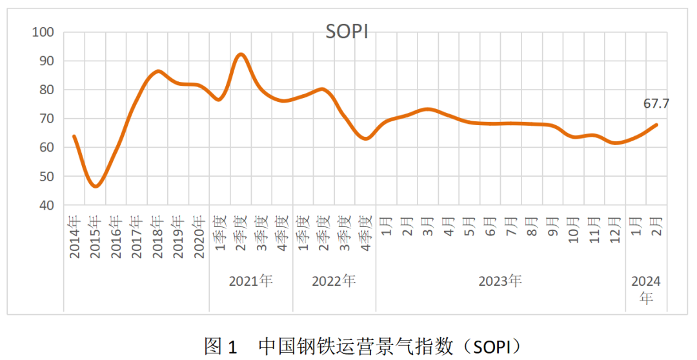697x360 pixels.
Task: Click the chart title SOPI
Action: click(347, 32)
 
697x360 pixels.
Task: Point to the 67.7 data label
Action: click(656, 104)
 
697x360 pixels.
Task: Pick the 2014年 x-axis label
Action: click(74, 237)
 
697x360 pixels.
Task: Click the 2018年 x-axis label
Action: click(157, 237)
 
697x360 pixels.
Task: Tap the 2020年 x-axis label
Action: click(199, 237)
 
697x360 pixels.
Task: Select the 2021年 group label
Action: click(251, 281)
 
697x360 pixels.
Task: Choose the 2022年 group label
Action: click(334, 281)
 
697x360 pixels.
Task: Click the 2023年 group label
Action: click(500, 281)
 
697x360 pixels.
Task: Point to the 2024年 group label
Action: click(646, 290)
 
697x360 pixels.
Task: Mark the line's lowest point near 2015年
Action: click(96, 186)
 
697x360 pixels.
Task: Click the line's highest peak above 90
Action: click(241, 54)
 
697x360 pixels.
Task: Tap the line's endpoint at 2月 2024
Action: click(657, 125)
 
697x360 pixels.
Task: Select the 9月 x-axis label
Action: click(553, 229)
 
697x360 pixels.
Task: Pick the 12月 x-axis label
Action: click(615, 231)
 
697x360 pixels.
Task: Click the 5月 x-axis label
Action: click(470, 229)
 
